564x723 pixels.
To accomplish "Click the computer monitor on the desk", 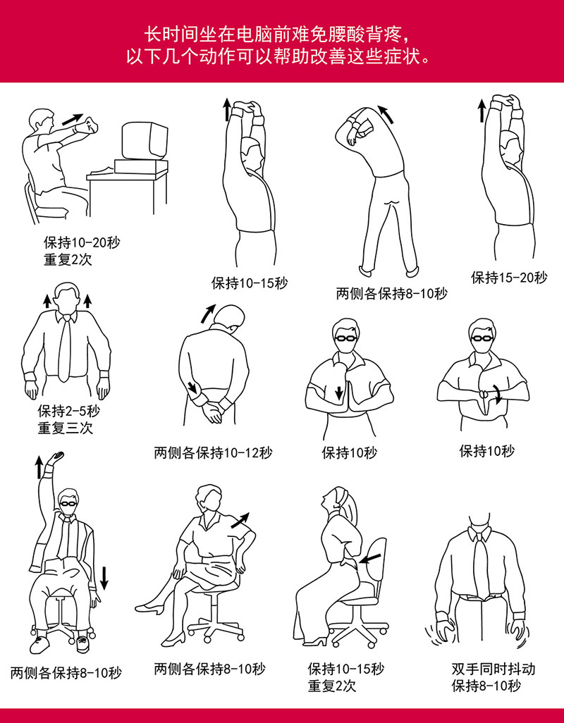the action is tap(145, 141).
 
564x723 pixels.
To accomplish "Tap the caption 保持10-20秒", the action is tap(82, 242).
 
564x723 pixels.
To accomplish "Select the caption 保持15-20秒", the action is tap(509, 277).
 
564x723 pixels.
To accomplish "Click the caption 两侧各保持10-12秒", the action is tap(213, 452).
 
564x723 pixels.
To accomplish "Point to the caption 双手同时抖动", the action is tap(493, 669).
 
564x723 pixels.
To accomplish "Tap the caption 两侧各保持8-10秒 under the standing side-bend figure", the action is tap(391, 293).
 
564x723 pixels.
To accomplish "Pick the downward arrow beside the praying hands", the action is tap(339, 393).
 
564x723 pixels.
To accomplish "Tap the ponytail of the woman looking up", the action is tap(351, 509).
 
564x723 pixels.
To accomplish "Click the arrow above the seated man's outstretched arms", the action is tap(73, 119).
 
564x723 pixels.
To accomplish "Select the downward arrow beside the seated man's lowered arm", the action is tap(104, 579).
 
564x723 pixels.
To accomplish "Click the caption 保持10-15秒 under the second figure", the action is tap(250, 283).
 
